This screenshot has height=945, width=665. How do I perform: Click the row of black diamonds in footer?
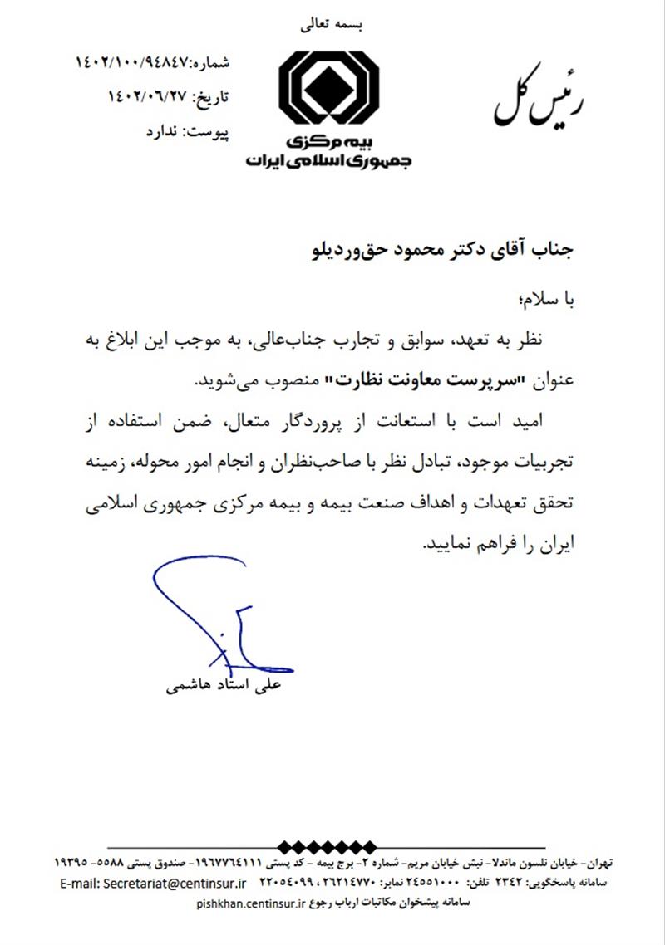coord(332,847)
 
